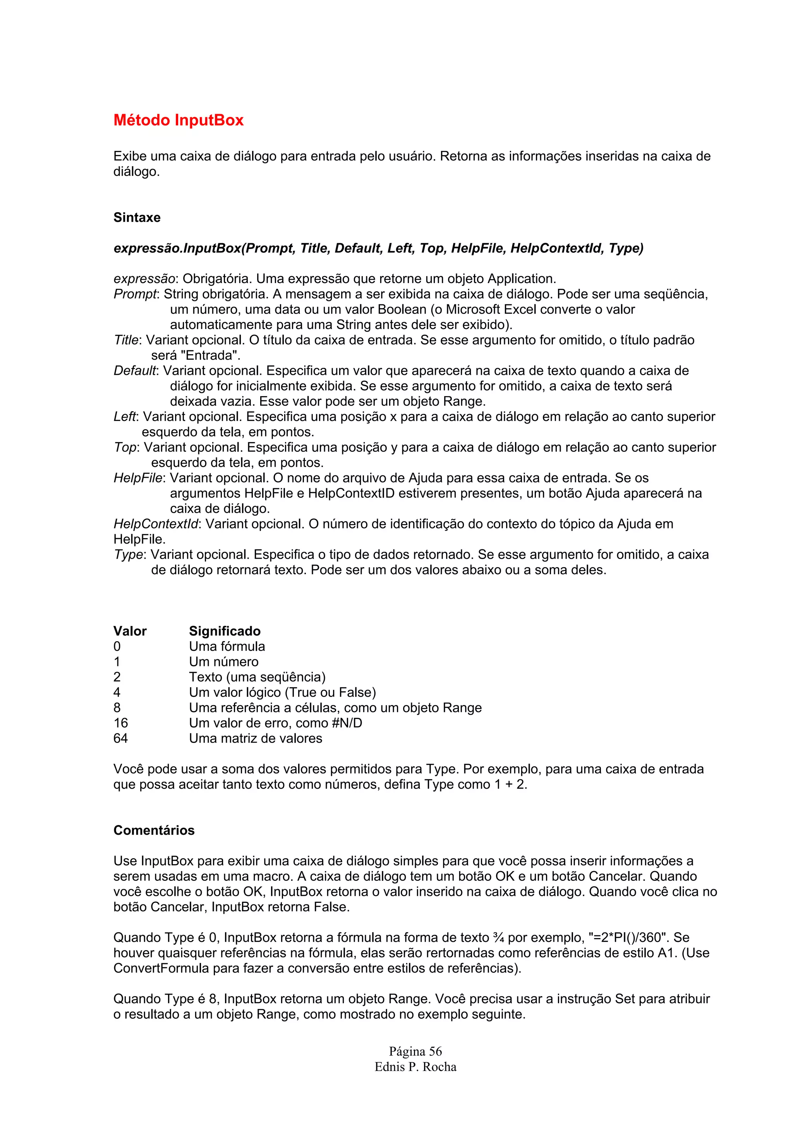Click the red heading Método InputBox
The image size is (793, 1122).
tap(179, 120)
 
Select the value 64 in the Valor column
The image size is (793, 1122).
tap(121, 738)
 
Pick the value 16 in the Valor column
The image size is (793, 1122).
tap(121, 723)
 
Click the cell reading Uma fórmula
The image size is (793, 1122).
tap(227, 646)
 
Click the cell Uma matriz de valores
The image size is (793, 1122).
tap(256, 738)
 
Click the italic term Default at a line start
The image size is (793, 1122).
tap(135, 371)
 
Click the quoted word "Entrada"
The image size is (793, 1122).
tap(213, 355)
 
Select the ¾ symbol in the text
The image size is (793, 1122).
tap(498, 938)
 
